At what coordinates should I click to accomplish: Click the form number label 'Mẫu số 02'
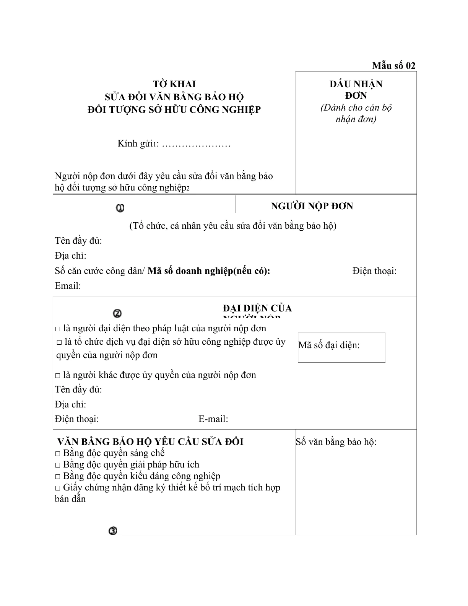[393, 66]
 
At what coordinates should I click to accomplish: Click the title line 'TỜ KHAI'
[174, 84]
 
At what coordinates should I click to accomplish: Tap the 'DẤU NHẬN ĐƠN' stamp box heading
[356, 90]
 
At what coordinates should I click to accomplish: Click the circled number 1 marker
[120, 208]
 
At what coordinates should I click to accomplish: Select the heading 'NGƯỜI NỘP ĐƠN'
[312, 206]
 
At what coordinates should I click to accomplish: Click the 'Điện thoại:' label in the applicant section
[374, 271]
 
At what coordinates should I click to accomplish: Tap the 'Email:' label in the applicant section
[68, 286]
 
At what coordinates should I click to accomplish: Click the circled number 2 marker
[117, 314]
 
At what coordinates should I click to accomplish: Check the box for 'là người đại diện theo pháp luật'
[58, 329]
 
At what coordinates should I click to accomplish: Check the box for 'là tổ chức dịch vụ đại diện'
[59, 342]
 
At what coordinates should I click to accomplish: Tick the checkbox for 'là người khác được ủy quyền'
[58, 376]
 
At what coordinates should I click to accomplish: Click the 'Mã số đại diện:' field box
[341, 347]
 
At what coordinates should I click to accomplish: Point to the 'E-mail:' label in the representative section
[213, 419]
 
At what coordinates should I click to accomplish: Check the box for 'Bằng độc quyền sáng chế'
[58, 454]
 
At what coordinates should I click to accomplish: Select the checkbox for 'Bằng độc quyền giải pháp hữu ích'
[58, 465]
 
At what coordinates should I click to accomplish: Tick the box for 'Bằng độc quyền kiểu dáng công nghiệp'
[58, 477]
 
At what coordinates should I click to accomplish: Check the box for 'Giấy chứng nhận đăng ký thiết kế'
[58, 488]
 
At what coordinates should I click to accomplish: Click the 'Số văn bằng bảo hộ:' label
[336, 442]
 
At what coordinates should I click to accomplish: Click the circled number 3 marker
[113, 531]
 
